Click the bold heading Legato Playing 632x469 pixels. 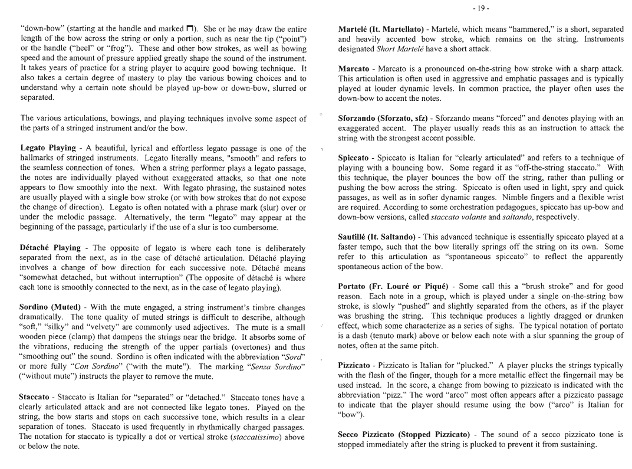[48, 149]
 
